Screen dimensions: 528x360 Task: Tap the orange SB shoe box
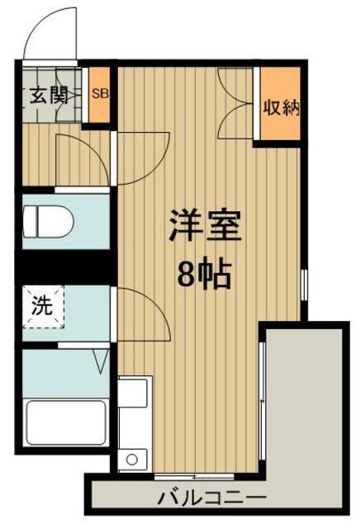click(99, 93)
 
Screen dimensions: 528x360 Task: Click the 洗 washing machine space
click(42, 306)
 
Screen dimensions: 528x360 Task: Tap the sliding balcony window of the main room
click(263, 404)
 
